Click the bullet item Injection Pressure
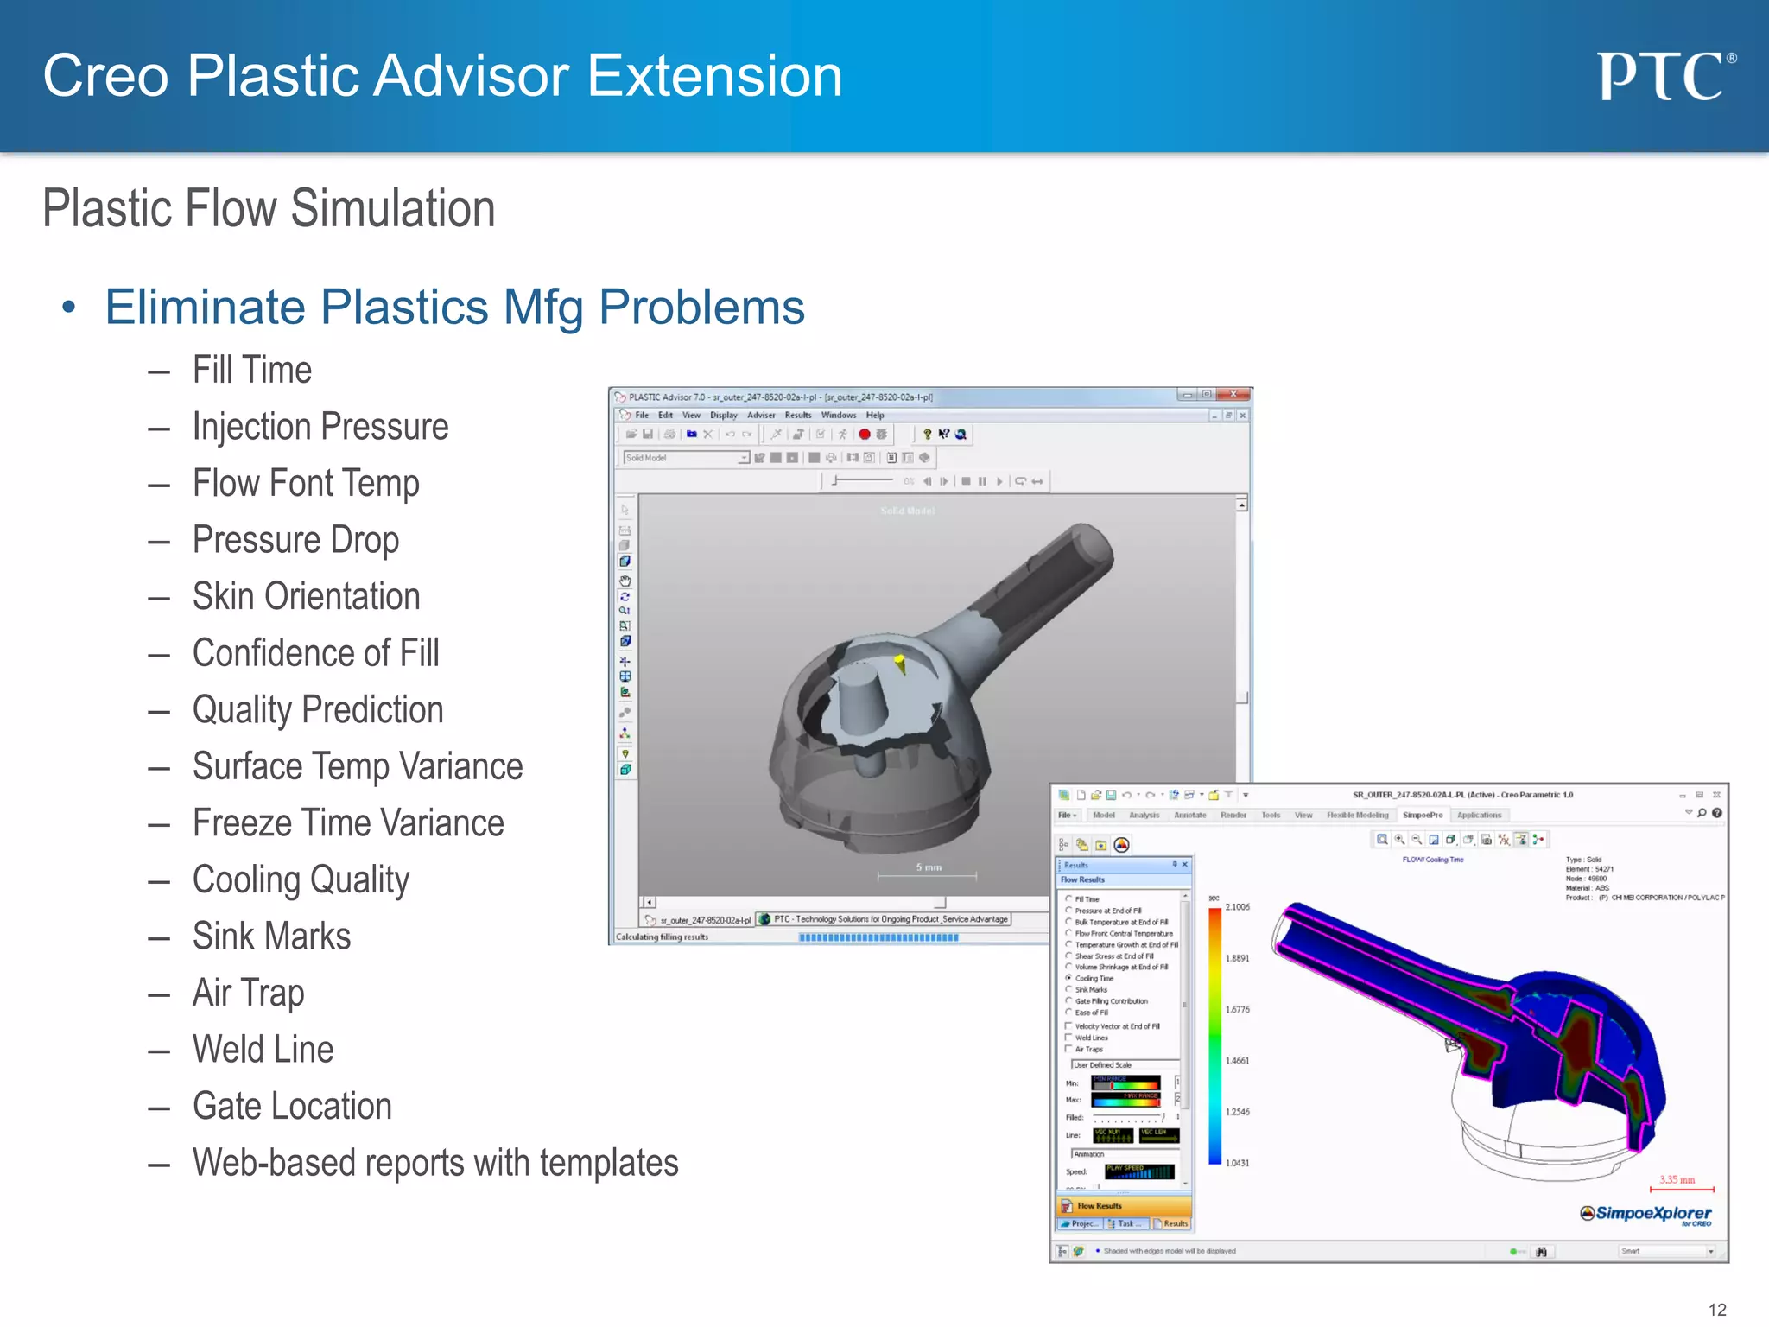tap(320, 427)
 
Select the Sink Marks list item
tap(271, 937)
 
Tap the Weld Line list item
tap(263, 1050)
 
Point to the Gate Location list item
tap(292, 1107)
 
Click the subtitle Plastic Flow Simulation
tap(269, 209)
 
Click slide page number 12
tap(1717, 1310)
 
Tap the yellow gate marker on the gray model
tap(900, 663)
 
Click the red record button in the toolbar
tap(864, 435)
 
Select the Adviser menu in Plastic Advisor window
tap(760, 416)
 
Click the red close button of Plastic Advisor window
tap(1234, 395)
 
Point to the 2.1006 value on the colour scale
tap(1237, 907)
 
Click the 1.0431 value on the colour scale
tap(1237, 1163)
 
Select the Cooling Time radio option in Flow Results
tap(1069, 978)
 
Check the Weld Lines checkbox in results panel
tap(1069, 1038)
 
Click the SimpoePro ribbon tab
tap(1422, 815)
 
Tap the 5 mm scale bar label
tap(929, 867)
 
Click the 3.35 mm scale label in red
tap(1677, 1179)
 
